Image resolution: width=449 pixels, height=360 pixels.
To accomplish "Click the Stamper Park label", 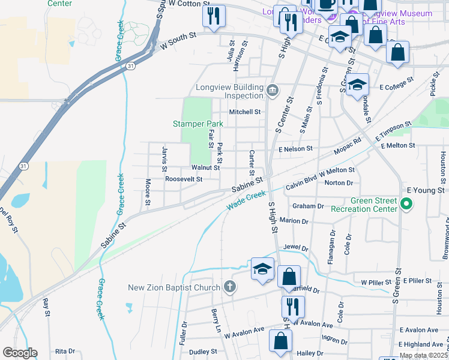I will pos(198,124).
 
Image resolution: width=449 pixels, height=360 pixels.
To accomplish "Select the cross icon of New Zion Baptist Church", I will pos(229,287).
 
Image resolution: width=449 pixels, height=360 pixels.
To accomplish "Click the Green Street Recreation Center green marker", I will pos(406,205).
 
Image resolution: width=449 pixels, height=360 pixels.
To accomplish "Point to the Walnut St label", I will pos(205,168).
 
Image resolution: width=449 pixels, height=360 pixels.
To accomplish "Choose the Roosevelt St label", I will pos(184,179).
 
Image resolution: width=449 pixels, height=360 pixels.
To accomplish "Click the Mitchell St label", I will pos(245,112).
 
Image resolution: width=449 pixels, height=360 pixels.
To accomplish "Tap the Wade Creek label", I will pos(246,200).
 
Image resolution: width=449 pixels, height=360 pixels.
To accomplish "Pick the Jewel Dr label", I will pos(295,247).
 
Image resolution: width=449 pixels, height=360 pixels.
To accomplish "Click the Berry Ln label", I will pos(216,321).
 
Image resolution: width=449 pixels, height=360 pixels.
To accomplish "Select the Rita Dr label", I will pos(65,351).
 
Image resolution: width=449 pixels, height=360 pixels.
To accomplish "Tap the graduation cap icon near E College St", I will pos(357,84).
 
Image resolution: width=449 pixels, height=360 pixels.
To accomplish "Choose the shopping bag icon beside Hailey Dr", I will pos(280,341).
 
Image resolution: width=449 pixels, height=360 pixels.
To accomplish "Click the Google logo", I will pos(20,353).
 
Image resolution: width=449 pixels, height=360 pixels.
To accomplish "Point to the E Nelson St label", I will pos(296,148).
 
